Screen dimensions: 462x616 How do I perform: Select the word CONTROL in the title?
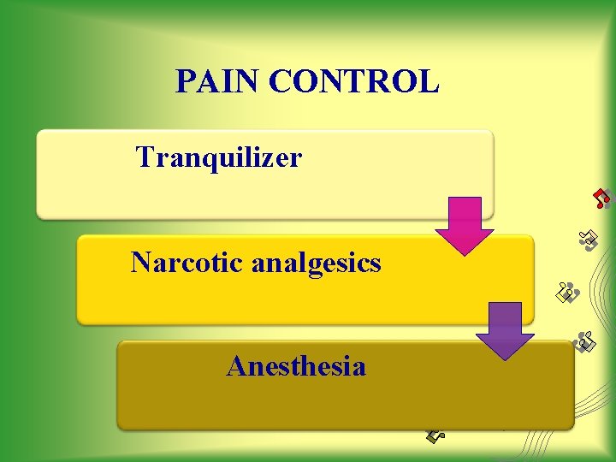(353, 81)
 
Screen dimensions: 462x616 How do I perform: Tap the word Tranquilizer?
(219, 157)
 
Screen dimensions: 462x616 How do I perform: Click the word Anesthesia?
(296, 367)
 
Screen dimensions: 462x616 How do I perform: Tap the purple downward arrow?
(504, 330)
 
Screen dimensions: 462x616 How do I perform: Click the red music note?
(603, 198)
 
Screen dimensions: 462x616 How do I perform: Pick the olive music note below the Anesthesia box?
(435, 435)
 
